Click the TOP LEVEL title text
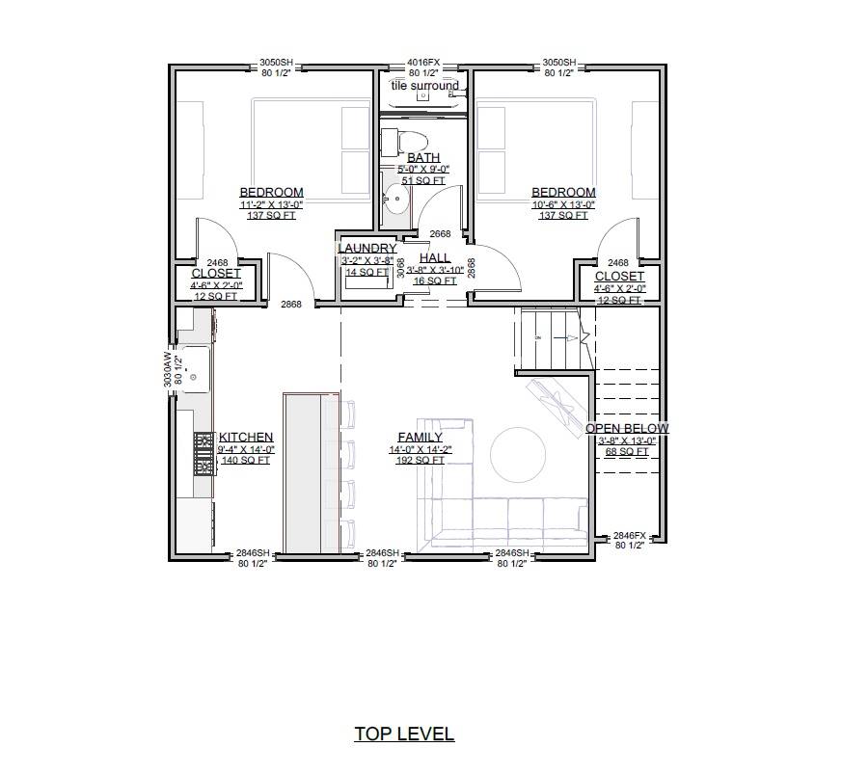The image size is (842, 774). point(404,734)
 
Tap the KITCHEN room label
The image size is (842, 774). point(246,437)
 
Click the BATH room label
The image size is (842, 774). point(423,157)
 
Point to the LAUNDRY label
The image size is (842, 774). point(367,249)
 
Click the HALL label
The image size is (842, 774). point(435,258)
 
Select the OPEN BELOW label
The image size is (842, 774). point(627,428)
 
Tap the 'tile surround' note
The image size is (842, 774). point(424,86)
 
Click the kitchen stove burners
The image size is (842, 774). point(204,453)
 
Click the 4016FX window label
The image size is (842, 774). point(423,62)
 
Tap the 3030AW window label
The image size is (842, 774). point(168,367)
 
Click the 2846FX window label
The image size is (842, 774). point(629,535)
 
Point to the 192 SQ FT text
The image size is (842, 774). point(420,461)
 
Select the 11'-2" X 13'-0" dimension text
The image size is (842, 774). point(271,204)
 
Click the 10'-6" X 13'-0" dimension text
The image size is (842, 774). point(563,204)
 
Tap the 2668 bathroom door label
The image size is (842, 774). point(440,234)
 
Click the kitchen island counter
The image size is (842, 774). point(310,472)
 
